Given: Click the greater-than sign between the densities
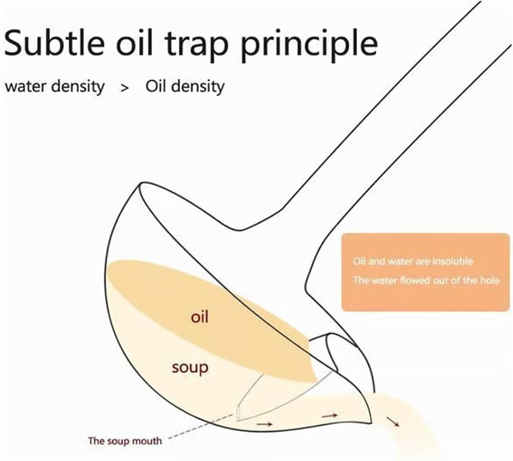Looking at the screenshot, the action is click(x=124, y=88).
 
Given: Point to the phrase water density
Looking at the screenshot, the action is click(x=55, y=87).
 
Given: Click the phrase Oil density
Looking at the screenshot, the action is click(x=185, y=87).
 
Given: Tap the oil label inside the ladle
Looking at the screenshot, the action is click(x=200, y=317).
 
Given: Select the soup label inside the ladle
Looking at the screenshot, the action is click(x=190, y=367).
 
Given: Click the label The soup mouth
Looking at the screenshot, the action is click(x=125, y=441).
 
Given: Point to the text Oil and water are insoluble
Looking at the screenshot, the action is click(x=413, y=261).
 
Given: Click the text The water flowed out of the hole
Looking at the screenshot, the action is click(x=426, y=280).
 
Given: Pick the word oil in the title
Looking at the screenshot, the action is click(x=134, y=42).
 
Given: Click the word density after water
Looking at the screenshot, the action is click(x=78, y=87).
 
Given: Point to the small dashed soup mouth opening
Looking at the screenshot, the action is click(x=238, y=413).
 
